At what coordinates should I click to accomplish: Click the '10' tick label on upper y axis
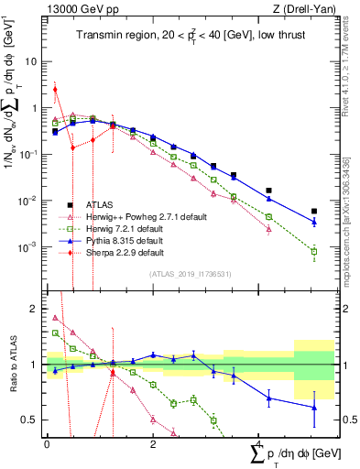31,62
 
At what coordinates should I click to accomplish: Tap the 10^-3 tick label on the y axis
28,246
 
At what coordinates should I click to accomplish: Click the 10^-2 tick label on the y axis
28,201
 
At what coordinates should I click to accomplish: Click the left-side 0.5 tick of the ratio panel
32,420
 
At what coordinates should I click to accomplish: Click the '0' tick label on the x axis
47,443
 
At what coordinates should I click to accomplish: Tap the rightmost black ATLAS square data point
314,211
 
